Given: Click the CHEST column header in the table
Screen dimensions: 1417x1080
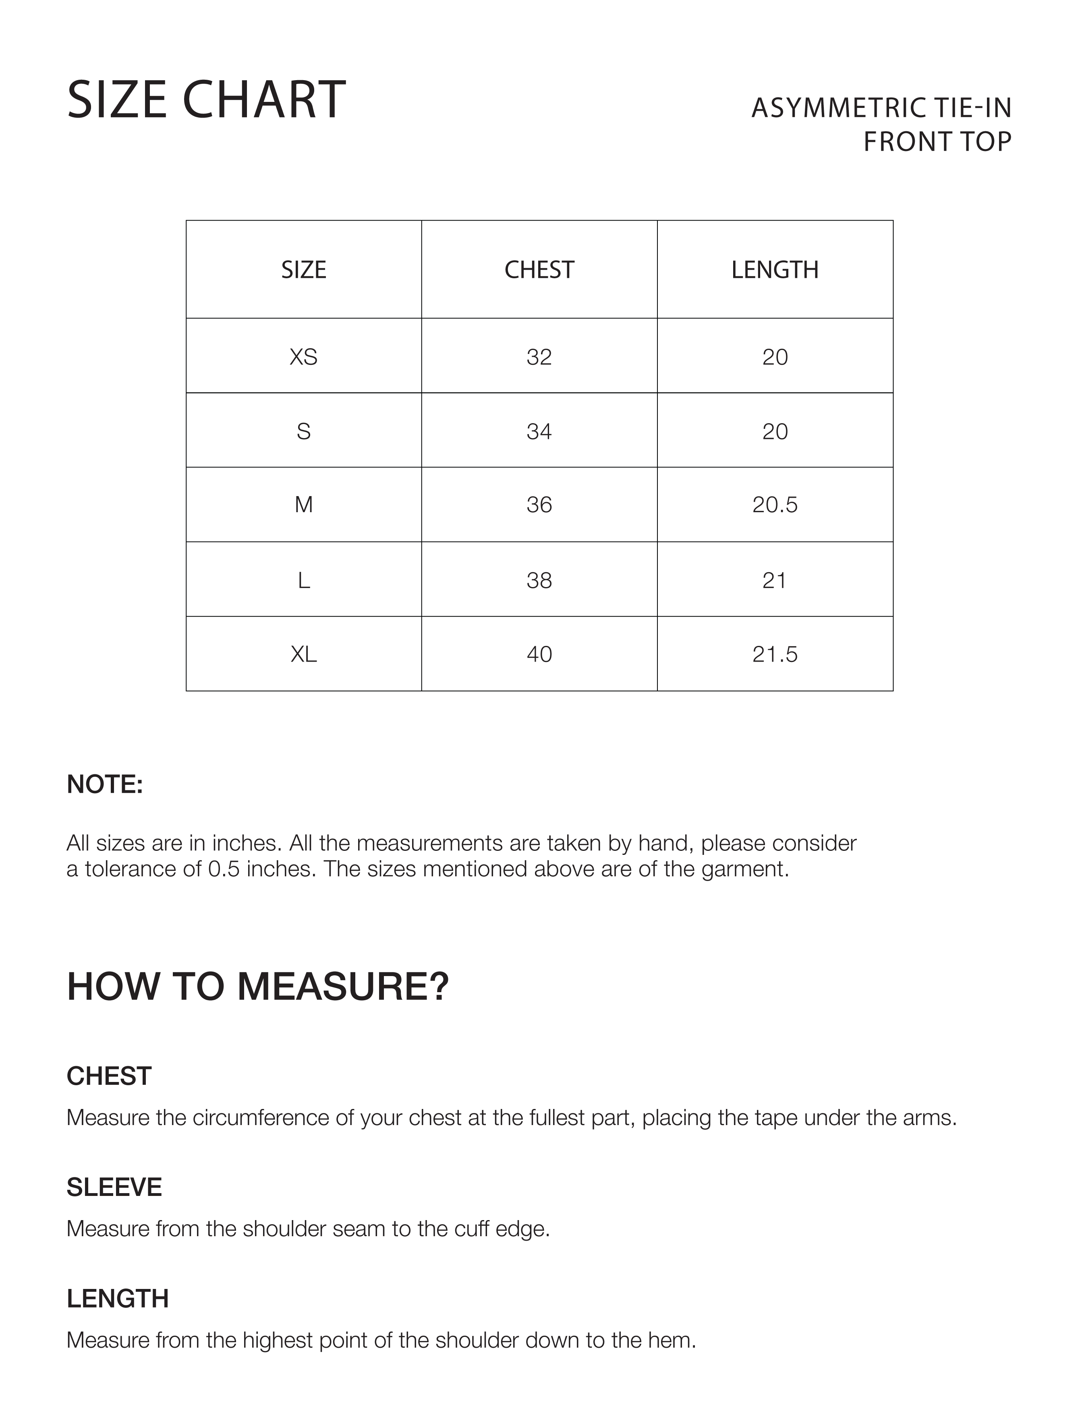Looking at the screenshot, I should (539, 270).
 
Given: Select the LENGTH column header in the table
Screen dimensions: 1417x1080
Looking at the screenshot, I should (775, 270).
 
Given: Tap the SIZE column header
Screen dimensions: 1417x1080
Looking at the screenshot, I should (303, 270).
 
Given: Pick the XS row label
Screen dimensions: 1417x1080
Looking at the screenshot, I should (303, 357).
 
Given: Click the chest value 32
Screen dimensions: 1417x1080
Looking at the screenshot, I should (539, 357).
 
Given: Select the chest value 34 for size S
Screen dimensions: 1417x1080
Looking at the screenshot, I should (539, 431).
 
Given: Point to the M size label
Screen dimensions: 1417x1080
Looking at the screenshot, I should (303, 505).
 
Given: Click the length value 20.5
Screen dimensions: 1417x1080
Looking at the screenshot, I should (775, 505).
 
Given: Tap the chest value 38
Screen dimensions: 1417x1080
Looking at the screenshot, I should (539, 580).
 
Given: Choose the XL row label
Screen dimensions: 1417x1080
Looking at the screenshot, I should (303, 654).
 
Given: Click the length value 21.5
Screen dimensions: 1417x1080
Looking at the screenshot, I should (775, 654).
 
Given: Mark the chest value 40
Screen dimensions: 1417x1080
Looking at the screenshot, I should (539, 654).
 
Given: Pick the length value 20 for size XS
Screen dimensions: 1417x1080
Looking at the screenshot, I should (775, 357).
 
